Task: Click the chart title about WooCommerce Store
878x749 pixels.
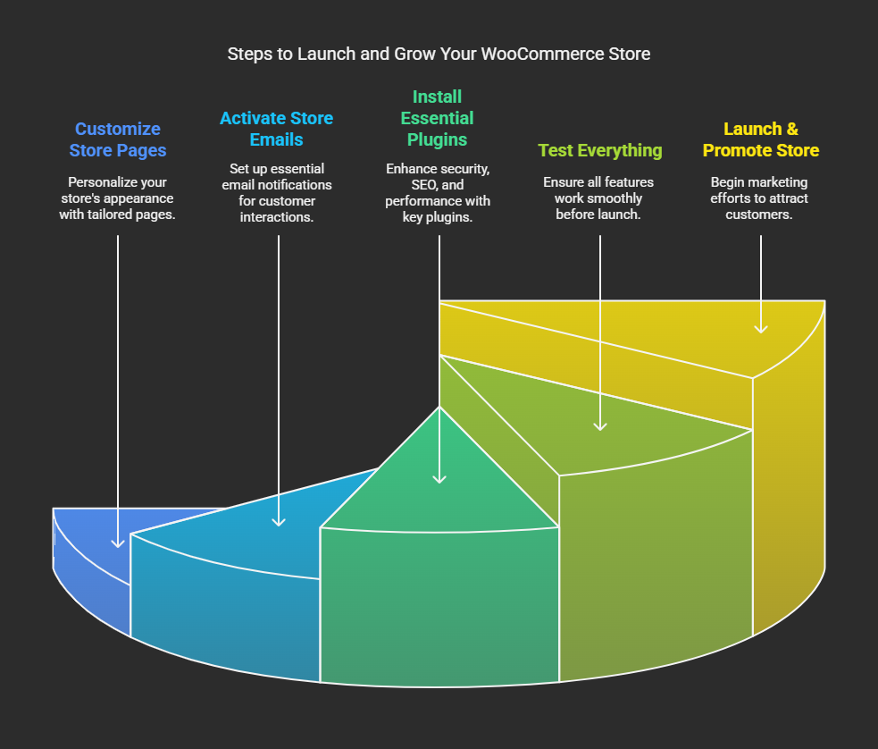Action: coord(439,54)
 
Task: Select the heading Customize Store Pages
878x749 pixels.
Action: coord(118,139)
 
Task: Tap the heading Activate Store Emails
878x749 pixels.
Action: coord(277,129)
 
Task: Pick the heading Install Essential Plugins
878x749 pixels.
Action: coord(438,118)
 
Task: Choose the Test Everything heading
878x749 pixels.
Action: coord(599,150)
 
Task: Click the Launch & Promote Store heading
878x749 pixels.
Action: coord(760,139)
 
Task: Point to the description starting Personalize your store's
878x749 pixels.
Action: coord(118,198)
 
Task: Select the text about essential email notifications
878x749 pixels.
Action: coord(277,193)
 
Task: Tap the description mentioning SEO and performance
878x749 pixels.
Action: coord(438,193)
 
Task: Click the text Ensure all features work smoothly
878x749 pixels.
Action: coord(598,198)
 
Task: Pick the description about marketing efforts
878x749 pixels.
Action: coord(758,198)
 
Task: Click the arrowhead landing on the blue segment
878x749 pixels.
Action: coord(118,543)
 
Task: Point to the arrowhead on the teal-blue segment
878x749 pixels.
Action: coord(279,522)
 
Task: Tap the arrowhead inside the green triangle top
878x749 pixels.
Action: coord(439,479)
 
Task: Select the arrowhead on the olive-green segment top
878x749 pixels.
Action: coord(600,426)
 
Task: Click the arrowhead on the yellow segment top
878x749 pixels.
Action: coord(760,329)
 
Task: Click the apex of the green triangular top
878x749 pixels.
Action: coord(439,407)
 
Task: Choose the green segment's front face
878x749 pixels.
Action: coord(439,608)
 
